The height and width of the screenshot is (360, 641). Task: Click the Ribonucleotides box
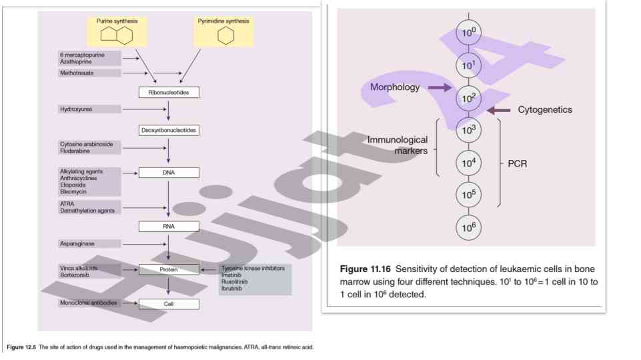pyautogui.click(x=169, y=93)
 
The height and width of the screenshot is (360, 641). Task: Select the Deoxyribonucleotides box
pyautogui.click(x=169, y=130)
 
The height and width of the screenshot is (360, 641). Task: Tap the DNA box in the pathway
pyautogui.click(x=169, y=173)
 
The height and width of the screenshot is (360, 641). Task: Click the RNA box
pyautogui.click(x=169, y=226)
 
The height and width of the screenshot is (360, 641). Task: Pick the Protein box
pyautogui.click(x=169, y=269)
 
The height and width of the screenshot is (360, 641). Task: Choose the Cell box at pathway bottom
pyautogui.click(x=169, y=304)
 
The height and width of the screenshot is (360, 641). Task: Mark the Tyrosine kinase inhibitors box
pyautogui.click(x=255, y=279)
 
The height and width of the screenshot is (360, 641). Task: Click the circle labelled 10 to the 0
pyautogui.click(x=468, y=32)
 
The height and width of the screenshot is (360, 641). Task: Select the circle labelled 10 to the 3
pyautogui.click(x=468, y=130)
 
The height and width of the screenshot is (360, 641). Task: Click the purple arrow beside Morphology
pyautogui.click(x=439, y=87)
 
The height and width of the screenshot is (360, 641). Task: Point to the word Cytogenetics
pyautogui.click(x=545, y=109)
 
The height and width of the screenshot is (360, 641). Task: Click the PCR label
pyautogui.click(x=518, y=163)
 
